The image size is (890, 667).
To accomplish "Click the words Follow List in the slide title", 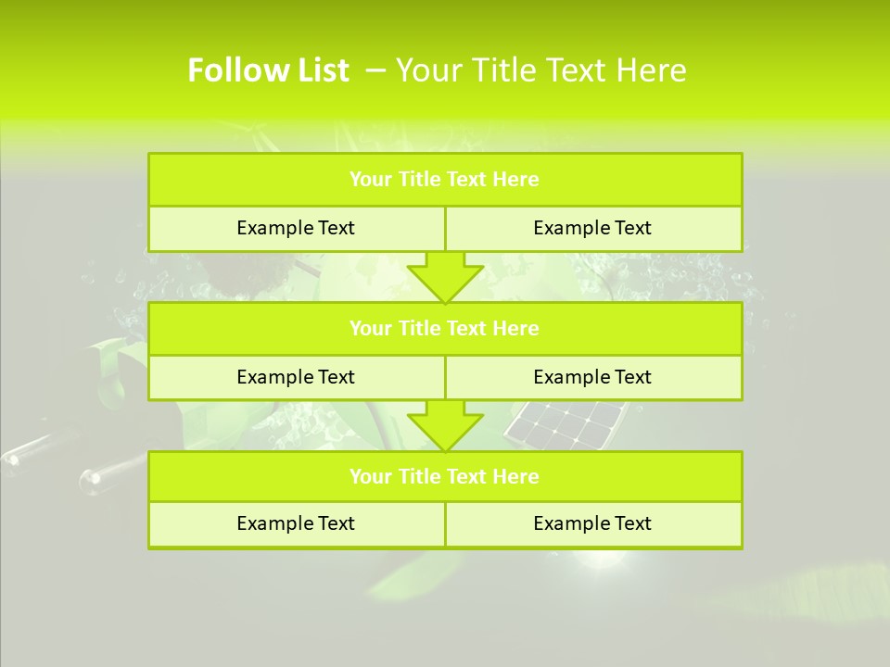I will point(268,70).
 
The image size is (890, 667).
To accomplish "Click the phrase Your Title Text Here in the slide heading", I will point(540,70).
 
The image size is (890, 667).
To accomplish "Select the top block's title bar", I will point(445,180).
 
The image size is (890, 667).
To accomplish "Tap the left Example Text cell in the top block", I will point(296,228).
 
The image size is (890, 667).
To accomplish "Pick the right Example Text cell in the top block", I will point(592,228).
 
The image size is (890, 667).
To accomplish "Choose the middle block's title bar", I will point(445,328).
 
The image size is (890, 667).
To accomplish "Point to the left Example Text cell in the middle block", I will point(296,377).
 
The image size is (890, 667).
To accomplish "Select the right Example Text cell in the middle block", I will point(592,377).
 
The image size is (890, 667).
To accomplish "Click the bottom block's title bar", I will point(445,476).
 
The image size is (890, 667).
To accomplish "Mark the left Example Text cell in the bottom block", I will point(296,523).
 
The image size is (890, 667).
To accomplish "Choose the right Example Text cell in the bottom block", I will point(592,523).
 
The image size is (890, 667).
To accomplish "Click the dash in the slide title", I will point(375,70).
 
